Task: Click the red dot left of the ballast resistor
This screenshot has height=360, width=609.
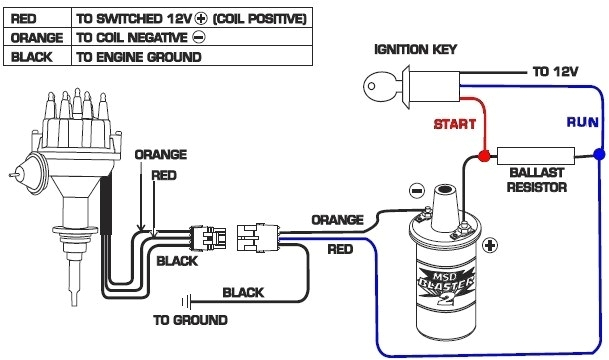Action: (x=482, y=156)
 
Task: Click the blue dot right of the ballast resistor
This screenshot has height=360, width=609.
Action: (x=598, y=156)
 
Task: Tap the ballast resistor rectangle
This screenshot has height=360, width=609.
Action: (x=538, y=156)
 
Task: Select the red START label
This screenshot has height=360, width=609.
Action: (x=454, y=125)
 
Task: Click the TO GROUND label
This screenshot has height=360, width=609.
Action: (x=189, y=321)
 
